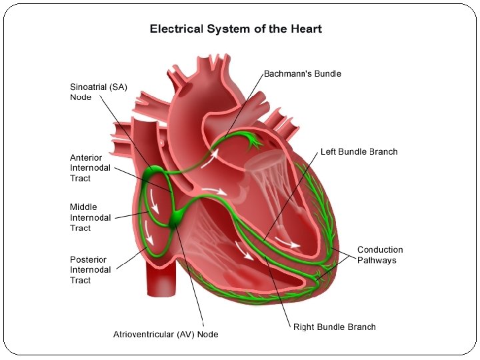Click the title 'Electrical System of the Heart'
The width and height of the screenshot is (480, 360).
point(235,29)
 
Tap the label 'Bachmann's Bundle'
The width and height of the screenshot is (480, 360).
point(302,73)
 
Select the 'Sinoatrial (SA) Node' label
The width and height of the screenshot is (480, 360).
point(99,92)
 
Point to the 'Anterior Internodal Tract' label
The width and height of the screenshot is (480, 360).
point(90,168)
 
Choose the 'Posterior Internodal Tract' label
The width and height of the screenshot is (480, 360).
point(90,270)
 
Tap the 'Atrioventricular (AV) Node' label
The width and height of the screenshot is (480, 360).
point(165,334)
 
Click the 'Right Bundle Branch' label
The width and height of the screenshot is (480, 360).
point(334,327)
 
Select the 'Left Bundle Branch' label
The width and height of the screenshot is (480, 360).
point(359,151)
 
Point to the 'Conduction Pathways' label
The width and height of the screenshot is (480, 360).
point(380,255)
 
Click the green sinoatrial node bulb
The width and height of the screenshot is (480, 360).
point(153,174)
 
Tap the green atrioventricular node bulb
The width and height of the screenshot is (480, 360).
point(179,216)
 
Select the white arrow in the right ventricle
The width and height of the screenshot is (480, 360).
point(245,252)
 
